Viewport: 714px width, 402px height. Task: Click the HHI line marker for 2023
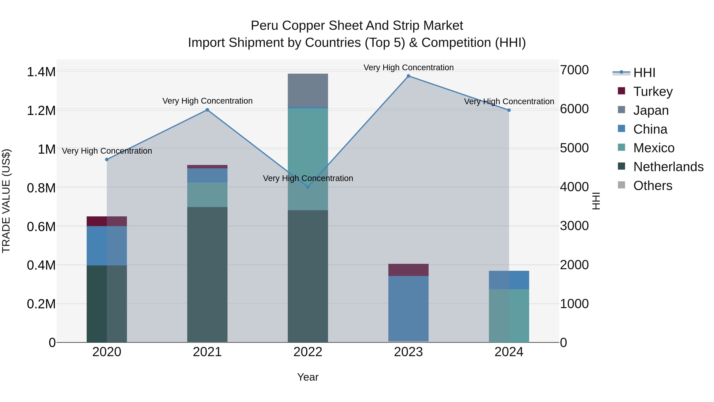pos(408,76)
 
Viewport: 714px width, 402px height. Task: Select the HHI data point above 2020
pos(107,160)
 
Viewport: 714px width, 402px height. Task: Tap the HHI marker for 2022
pos(308,187)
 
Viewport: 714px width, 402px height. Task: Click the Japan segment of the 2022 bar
pos(308,90)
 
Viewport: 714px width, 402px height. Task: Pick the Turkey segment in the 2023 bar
pos(408,270)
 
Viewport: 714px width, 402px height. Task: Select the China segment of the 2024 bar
pos(509,280)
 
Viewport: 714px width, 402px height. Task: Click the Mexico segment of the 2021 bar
pos(207,195)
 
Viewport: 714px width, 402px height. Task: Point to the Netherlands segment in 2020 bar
pos(107,304)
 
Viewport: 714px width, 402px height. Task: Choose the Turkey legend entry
pos(653,91)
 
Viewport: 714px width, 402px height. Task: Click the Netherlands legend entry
pos(668,167)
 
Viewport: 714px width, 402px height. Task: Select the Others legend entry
pos(653,186)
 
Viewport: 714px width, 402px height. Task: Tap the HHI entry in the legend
pos(644,73)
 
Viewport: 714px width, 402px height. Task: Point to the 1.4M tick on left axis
pos(41,72)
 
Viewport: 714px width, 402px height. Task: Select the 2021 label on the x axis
pos(207,352)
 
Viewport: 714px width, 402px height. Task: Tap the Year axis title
pos(308,377)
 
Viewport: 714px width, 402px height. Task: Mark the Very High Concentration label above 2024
pos(509,101)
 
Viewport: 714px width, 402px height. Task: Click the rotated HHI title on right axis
pos(596,201)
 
